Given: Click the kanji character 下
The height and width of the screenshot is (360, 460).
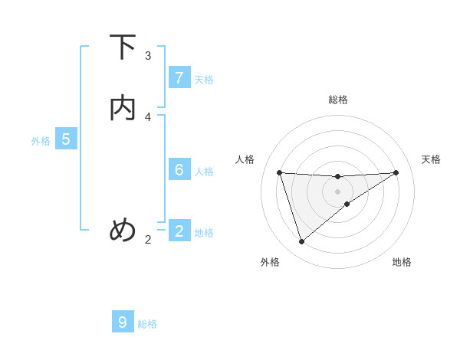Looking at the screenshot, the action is tap(123, 48).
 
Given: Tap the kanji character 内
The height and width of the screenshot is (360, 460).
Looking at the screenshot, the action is tap(123, 108).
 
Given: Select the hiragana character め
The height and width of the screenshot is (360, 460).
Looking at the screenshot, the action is tap(123, 229).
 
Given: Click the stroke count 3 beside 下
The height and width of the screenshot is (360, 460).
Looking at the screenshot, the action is tap(148, 56).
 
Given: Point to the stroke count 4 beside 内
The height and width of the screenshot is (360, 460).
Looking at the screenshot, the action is tap(148, 116).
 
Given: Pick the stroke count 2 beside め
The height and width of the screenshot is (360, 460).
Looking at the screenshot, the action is tap(148, 240).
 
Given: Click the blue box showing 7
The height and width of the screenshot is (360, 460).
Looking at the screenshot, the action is tap(179, 78).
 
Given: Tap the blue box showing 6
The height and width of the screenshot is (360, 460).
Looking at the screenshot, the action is tap(179, 170).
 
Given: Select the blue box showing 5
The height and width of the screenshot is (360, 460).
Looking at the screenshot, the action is tap(66, 139).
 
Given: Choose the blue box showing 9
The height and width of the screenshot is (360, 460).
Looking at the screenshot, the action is tap(123, 322).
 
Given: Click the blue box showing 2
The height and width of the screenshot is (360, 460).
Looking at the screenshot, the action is tap(179, 231).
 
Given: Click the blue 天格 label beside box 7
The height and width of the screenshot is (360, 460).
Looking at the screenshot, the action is tap(204, 80).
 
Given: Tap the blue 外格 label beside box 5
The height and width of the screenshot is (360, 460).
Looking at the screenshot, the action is tap(41, 141).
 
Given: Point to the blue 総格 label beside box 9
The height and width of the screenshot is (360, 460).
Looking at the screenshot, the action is tap(147, 324).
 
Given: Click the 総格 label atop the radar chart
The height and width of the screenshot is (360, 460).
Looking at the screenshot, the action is tap(338, 100).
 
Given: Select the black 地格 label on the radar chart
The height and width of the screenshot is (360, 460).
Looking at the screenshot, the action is tap(402, 262).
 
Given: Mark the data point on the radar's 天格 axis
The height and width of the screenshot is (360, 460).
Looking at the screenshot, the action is tap(396, 172).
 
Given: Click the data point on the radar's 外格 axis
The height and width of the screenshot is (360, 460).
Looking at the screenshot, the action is tap(301, 241).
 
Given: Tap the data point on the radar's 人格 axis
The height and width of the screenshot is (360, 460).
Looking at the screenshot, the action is tap(279, 172).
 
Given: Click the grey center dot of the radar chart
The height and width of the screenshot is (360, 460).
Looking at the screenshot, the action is tap(337, 191).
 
